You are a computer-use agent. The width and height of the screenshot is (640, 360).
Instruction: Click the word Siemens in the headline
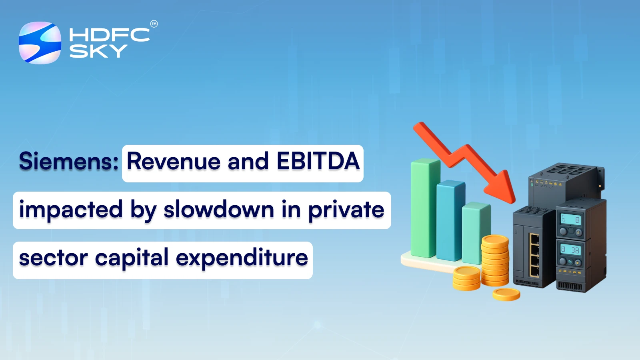pos(68,162)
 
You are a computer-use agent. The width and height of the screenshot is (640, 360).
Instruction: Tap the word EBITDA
pos(318,162)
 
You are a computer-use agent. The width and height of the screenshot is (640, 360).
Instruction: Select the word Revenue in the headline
pos(174,162)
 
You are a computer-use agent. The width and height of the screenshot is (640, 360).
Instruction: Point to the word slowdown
pos(218,210)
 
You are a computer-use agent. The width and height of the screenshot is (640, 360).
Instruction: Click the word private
pos(346,210)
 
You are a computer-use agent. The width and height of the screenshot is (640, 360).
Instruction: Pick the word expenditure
pos(242,258)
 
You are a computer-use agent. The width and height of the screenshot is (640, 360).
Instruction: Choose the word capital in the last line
pos(132,258)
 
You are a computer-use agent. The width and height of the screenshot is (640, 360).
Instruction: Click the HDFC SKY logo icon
pos(40,43)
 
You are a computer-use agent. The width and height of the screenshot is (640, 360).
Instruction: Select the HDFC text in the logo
pos(109,35)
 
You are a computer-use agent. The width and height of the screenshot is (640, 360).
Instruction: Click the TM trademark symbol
pos(154,24)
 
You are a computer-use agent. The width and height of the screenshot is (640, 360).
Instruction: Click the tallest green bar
pos(425,208)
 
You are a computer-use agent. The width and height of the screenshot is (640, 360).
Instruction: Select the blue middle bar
pos(450,220)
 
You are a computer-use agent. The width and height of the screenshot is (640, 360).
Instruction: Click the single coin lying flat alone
pos(506,294)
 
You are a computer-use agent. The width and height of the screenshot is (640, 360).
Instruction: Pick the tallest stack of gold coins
pos(495,260)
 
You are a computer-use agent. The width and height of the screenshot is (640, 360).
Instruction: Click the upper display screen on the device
pos(570,219)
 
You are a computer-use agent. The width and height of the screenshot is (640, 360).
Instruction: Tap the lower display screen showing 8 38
pos(570,250)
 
